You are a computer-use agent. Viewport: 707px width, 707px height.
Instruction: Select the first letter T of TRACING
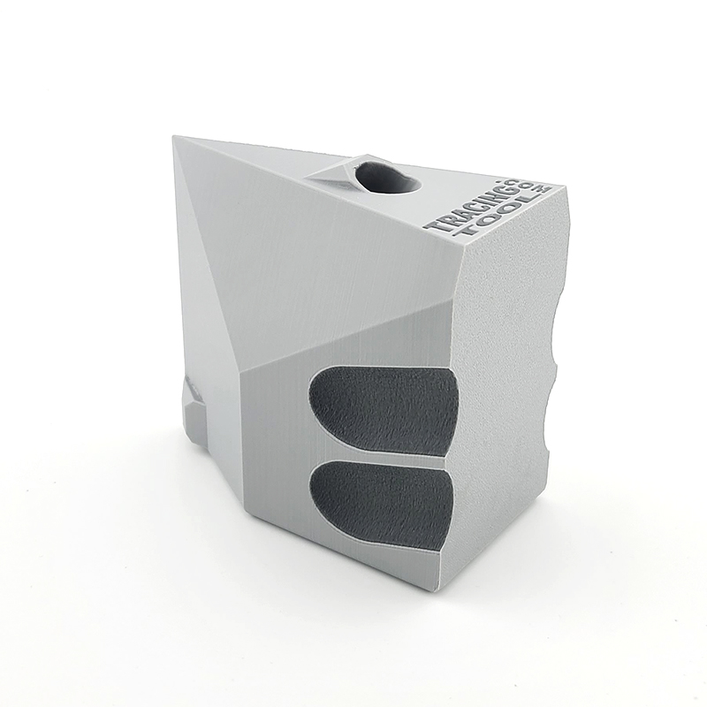(x=435, y=226)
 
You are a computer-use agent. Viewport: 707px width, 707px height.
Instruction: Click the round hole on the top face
(x=387, y=179)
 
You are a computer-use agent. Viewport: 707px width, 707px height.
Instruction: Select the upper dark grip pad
(x=384, y=407)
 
